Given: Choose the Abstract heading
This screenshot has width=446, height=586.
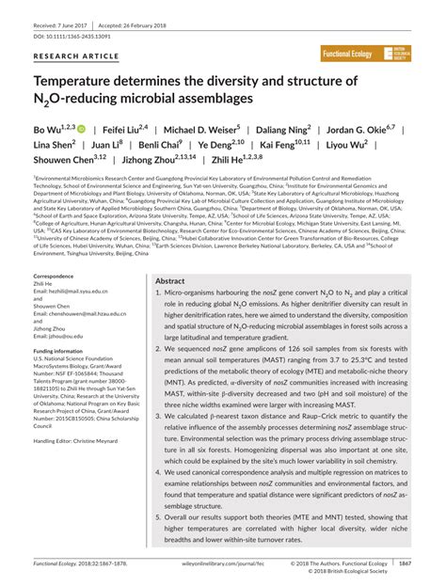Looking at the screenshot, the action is click(170, 255).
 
